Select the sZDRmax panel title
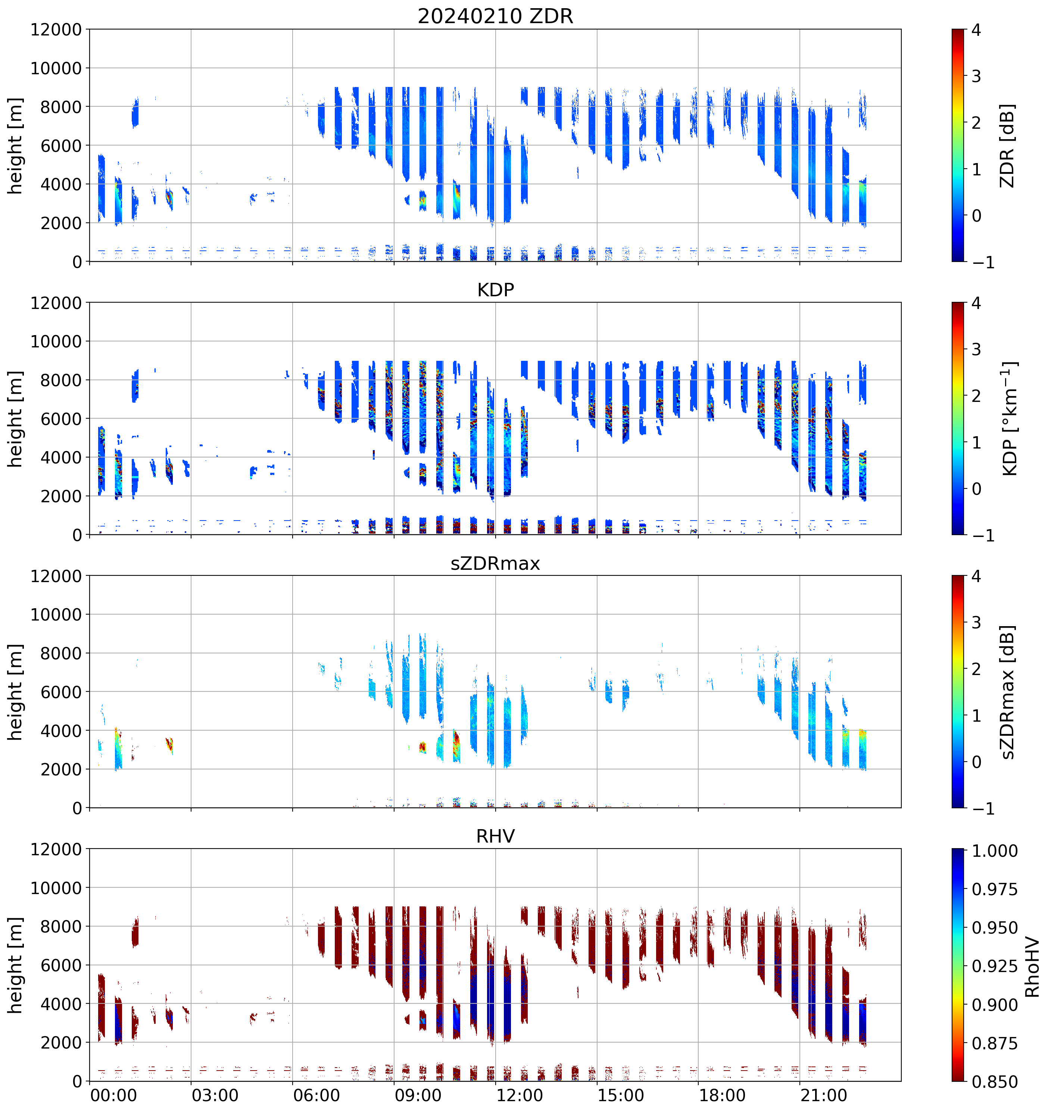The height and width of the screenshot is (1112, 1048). coord(495,563)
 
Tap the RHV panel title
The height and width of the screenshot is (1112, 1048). coord(495,836)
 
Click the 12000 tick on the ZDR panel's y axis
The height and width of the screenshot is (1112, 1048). coord(56,29)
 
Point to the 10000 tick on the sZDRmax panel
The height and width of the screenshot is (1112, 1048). coord(56,615)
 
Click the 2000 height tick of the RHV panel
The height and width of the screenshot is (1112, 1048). coord(61,1043)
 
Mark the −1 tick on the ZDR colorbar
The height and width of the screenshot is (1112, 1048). coord(983,262)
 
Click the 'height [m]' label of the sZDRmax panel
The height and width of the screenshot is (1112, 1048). coord(16,692)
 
